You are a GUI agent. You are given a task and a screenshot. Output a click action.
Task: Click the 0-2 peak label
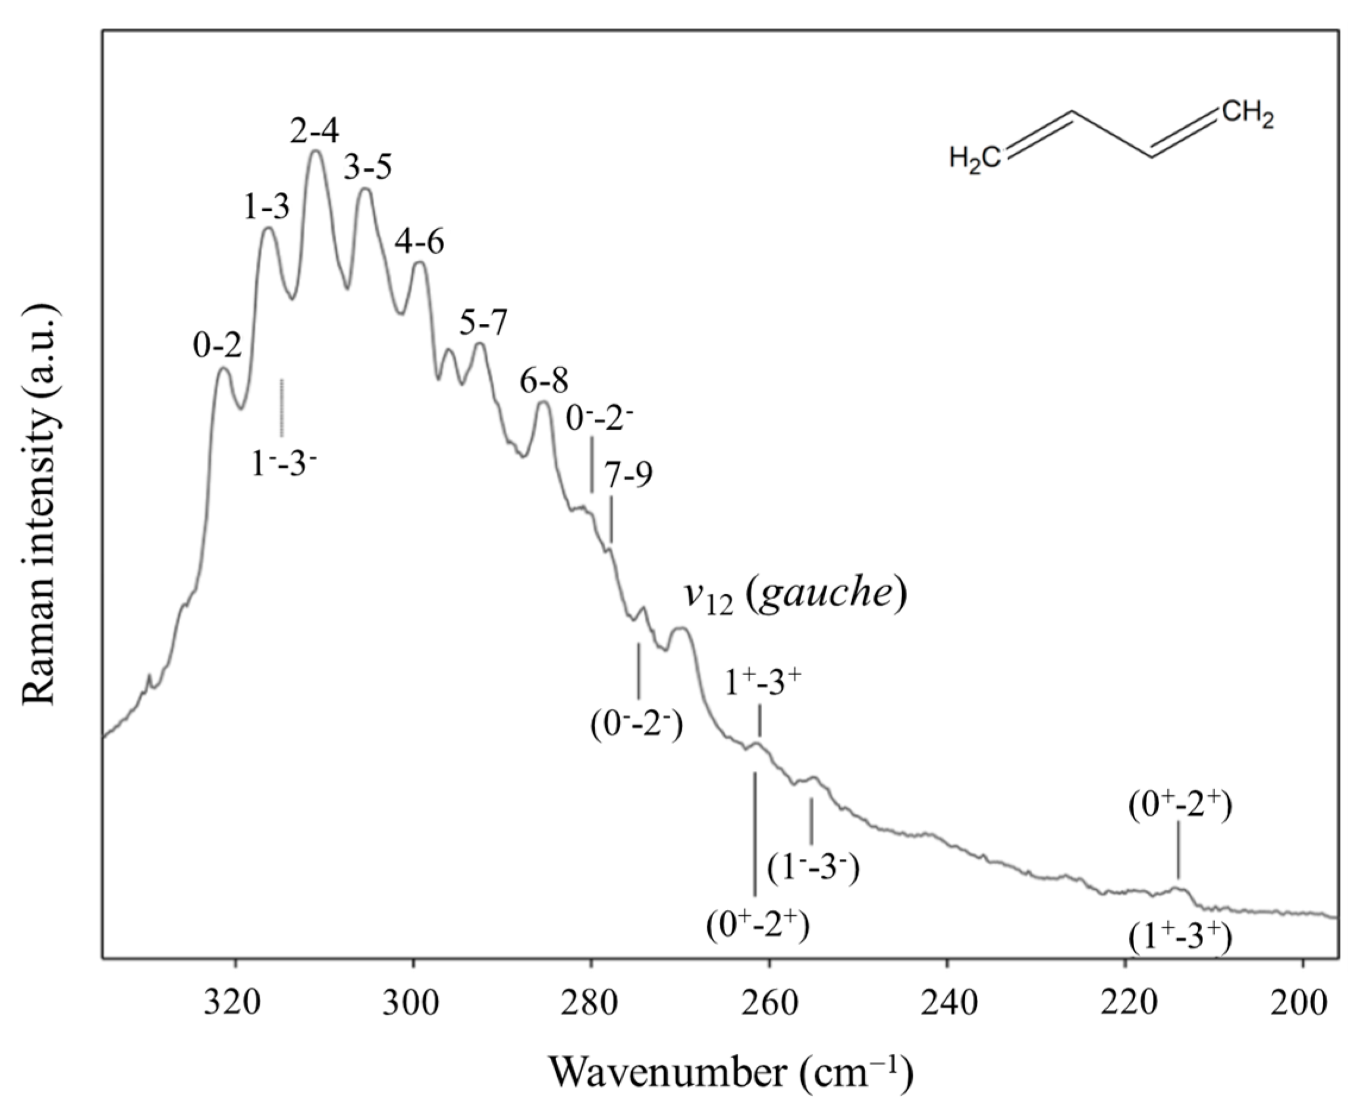point(218,346)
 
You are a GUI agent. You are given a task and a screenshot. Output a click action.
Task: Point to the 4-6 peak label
point(419,242)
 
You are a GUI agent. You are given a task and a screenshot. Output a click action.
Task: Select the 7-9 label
point(630,475)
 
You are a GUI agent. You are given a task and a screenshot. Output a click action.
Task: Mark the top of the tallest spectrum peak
point(315,152)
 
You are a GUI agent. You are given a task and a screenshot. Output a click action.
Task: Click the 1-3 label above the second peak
point(266,207)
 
